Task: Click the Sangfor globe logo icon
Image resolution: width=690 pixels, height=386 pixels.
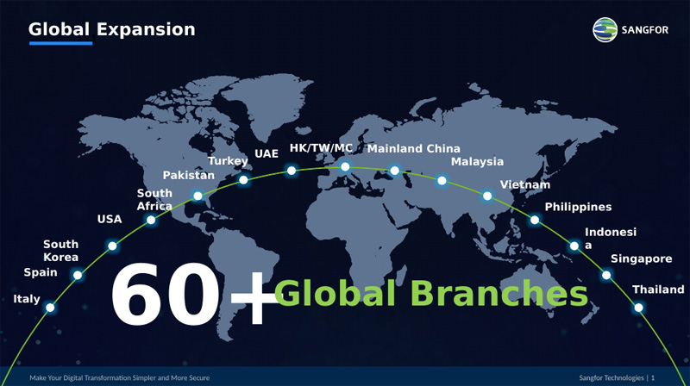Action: pos(605,30)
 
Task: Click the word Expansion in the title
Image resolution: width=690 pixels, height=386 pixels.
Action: pos(146,29)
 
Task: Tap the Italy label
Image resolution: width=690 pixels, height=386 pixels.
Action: pos(27,299)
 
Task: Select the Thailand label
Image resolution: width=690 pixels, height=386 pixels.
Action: pos(658,289)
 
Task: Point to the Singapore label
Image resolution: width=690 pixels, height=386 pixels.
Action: pos(641,259)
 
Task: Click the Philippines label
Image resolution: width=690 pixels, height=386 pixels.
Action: pos(578,207)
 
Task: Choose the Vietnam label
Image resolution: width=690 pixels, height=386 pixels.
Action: pos(525,184)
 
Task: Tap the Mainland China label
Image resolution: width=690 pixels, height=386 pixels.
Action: pos(414,148)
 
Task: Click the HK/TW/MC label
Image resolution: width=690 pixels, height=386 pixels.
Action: pos(321,148)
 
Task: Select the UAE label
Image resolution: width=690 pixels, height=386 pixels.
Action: pos(267,153)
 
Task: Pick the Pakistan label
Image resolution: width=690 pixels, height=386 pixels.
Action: pos(189,176)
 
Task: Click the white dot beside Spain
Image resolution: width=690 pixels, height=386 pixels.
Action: pos(78,275)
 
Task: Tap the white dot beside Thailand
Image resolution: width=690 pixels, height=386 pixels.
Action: pos(638,308)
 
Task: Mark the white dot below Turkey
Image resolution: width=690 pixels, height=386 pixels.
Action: pos(243,180)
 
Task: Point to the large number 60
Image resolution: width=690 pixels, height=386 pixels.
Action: pos(165,294)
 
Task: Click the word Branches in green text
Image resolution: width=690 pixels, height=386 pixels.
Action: pos(499,293)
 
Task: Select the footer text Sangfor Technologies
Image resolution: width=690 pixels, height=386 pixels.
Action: pos(612,377)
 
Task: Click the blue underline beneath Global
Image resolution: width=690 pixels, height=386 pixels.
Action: pos(60,43)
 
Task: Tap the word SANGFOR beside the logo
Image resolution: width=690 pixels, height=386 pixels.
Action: pos(644,30)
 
